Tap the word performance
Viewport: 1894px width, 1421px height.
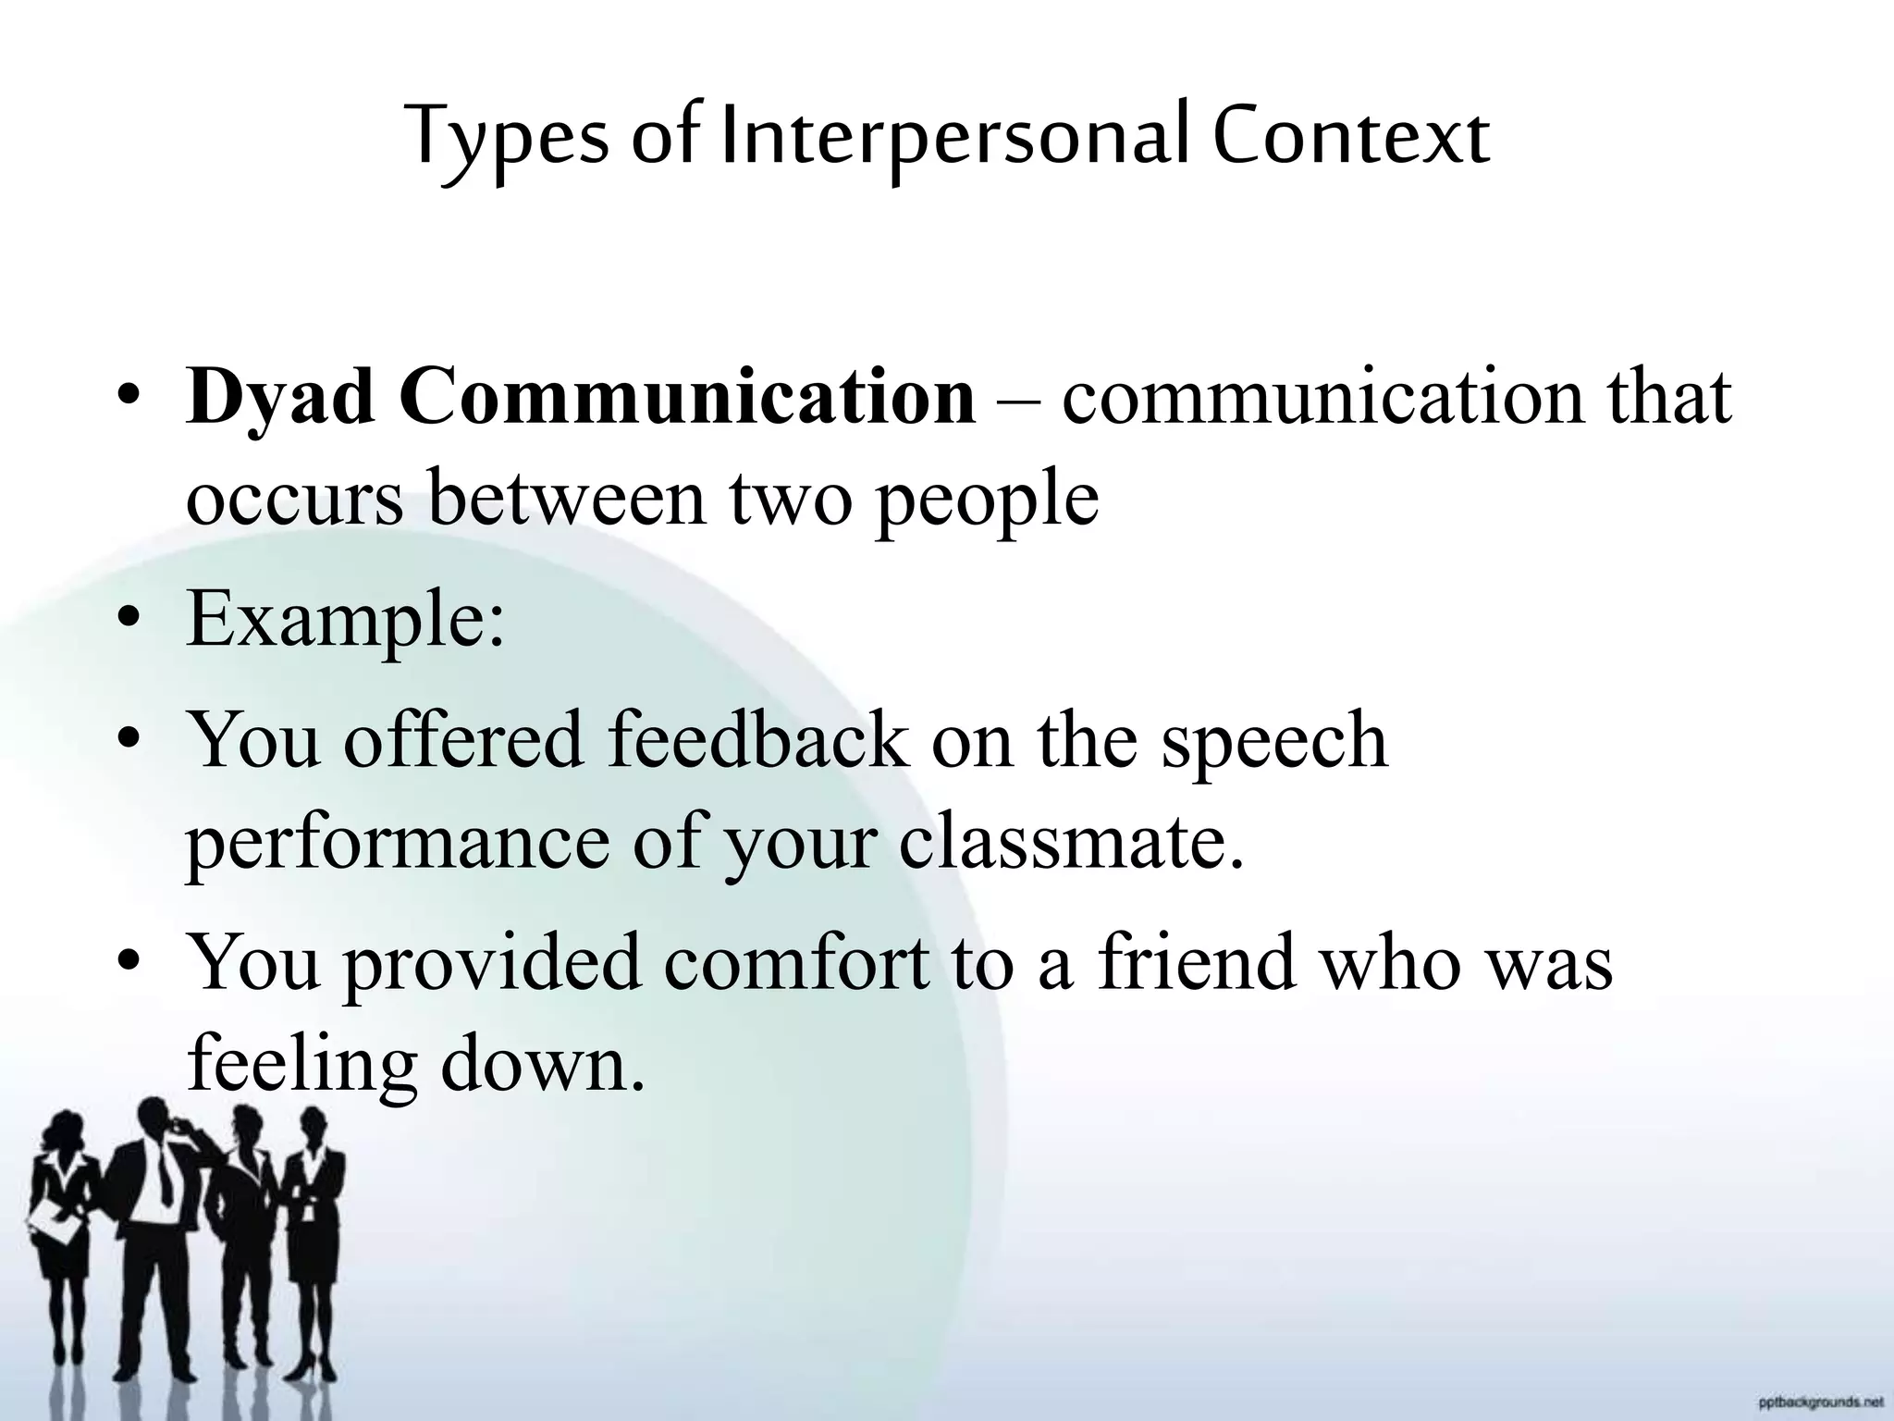(x=398, y=844)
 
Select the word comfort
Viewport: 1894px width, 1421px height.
(x=796, y=962)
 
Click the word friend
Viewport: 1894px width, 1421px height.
(x=1197, y=962)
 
